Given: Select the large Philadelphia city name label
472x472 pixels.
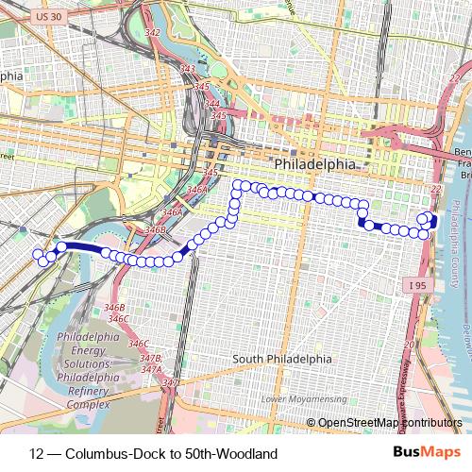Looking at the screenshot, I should point(315,164).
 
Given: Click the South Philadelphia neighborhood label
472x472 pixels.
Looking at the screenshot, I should point(282,359).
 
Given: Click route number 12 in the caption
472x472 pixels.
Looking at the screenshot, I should point(37,453).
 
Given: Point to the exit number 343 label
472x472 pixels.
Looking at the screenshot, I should point(188,69).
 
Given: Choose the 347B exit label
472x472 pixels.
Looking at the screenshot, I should point(150,359).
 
